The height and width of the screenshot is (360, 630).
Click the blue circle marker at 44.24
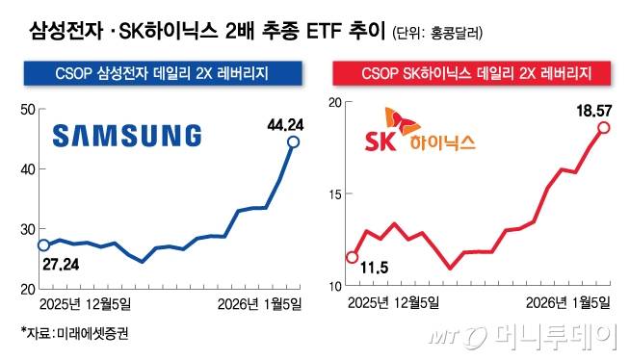tap(294, 142)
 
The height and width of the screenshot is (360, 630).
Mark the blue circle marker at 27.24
tap(42, 244)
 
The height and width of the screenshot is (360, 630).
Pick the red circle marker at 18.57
tap(604, 127)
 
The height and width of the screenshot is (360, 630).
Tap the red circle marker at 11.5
tap(352, 257)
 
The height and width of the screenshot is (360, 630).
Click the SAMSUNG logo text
tap(126, 136)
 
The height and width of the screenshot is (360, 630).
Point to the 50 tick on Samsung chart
tap(26, 110)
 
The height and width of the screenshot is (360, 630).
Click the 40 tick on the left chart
tap(26, 169)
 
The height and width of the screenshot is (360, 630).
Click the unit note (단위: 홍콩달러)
tap(438, 33)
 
